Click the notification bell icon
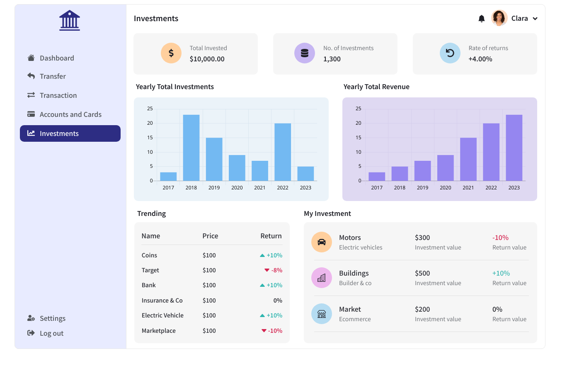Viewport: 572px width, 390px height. [481, 19]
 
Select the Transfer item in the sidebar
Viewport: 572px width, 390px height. [53, 76]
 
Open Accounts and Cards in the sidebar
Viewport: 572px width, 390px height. [70, 114]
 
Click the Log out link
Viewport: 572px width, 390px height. [51, 333]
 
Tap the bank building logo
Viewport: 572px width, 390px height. [70, 20]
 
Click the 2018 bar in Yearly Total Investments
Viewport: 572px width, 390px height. [191, 148]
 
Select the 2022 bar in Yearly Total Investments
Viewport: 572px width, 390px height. [283, 152]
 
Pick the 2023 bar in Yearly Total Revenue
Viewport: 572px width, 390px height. [514, 148]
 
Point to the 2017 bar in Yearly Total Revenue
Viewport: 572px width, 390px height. [377, 177]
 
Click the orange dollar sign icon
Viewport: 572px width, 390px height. [171, 53]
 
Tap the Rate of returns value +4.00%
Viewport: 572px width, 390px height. [480, 59]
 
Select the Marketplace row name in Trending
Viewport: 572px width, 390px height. [159, 331]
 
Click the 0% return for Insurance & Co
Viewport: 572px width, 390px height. [278, 300]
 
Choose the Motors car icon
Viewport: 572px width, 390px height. [322, 242]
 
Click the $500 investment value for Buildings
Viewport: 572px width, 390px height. [422, 273]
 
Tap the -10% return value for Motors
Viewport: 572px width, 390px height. [500, 237]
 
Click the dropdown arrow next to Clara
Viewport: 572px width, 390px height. [535, 19]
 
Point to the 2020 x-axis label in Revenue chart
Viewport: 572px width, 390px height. [446, 188]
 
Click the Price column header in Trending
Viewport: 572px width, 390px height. [210, 236]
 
